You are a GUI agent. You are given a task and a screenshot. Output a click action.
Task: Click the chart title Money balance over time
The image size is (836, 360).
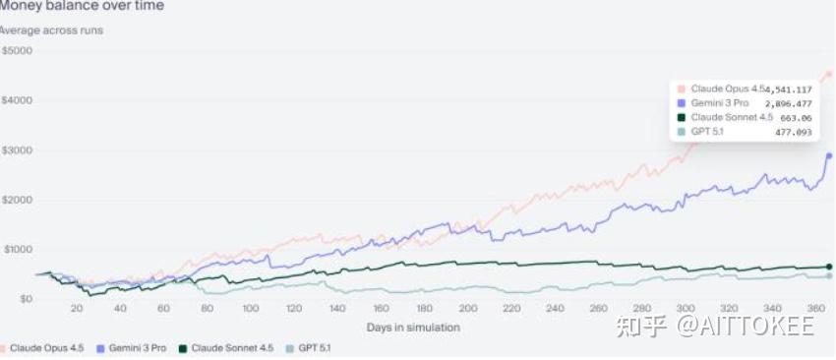[81, 6]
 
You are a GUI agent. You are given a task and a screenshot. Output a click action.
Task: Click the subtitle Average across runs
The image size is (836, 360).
[51, 30]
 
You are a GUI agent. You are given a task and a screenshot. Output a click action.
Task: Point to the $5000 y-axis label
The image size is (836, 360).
[18, 51]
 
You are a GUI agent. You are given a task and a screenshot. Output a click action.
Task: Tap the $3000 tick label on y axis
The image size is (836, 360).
[18, 150]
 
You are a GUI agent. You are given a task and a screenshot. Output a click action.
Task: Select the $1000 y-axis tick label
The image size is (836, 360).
[18, 250]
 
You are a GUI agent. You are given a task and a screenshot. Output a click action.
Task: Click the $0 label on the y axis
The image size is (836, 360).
[25, 299]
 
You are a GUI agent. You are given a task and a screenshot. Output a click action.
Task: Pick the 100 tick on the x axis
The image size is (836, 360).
[251, 309]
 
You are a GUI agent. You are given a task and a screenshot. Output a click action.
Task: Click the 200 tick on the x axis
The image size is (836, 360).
[468, 309]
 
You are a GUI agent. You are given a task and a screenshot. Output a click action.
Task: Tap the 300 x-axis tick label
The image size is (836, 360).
[686, 309]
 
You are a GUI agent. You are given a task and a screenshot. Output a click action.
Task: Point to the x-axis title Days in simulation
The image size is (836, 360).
[413, 327]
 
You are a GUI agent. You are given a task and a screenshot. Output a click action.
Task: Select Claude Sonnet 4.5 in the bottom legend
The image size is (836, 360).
[226, 348]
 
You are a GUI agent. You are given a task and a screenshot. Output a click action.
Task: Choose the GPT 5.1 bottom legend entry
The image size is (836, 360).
[309, 348]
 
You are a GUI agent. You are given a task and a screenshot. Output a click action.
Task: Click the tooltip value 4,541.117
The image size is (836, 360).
[789, 90]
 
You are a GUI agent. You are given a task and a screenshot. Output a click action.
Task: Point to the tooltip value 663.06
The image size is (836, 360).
[796, 118]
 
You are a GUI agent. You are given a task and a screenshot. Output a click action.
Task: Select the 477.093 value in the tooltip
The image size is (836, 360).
[794, 132]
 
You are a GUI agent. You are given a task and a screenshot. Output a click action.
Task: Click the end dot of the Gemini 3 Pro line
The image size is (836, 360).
[829, 155]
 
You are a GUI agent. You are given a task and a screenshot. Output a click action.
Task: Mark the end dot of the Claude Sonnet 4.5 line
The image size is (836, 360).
[829, 267]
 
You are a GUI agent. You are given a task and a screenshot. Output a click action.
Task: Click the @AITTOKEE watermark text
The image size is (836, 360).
[746, 325]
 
